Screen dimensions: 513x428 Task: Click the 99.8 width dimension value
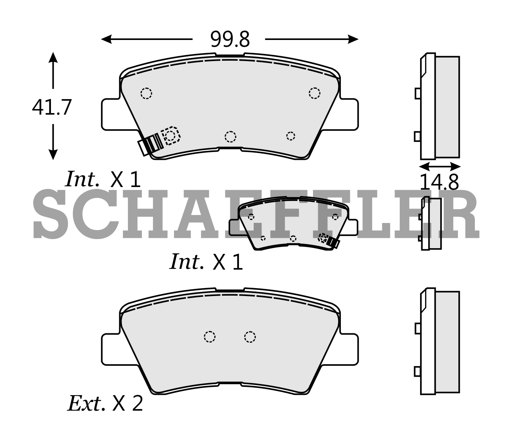coord(230,39)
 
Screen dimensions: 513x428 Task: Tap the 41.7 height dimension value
coord(52,107)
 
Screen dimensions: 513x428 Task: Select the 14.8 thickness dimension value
coord(439,182)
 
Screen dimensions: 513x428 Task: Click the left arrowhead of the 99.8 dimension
coord(106,39)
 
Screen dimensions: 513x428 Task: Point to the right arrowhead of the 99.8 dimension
coord(353,39)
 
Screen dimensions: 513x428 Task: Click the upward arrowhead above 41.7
coord(53,57)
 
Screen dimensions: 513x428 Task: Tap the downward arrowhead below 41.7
coord(53,155)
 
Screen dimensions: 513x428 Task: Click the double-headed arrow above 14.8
coord(440,167)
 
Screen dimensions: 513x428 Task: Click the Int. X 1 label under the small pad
coord(206,262)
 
